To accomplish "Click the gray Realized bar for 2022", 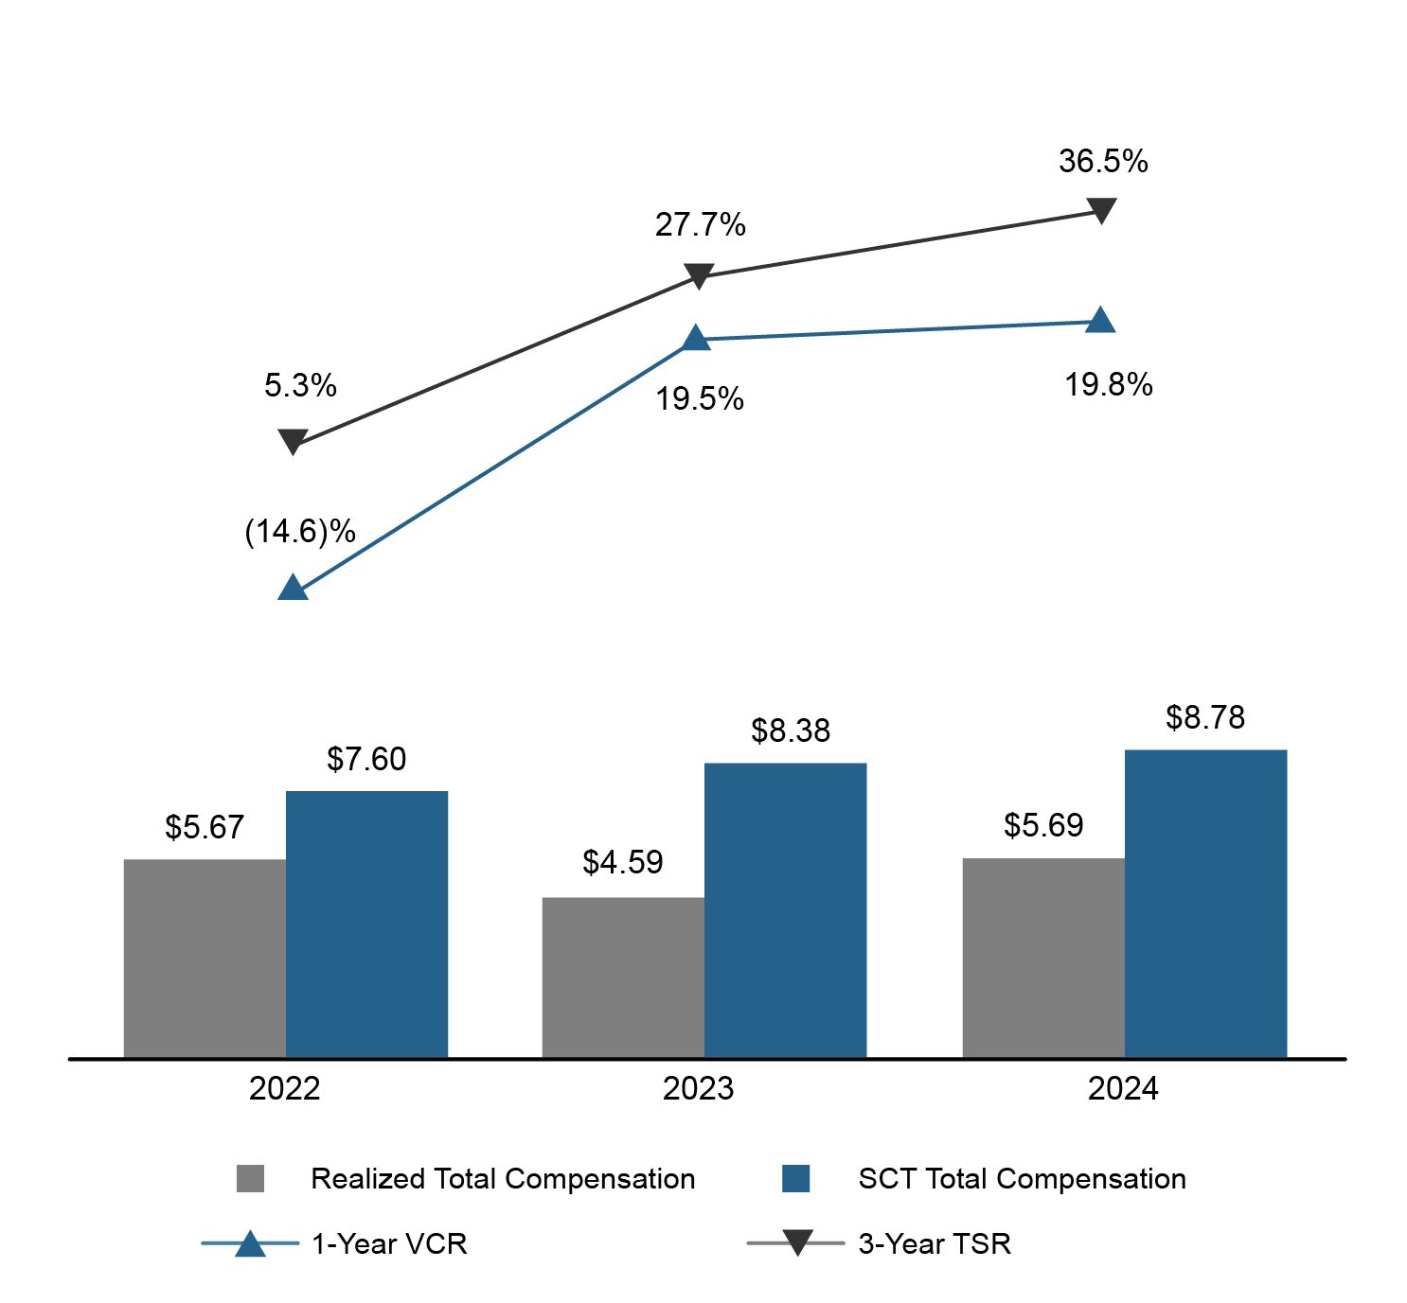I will [205, 958].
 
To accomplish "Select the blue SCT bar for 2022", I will [366, 924].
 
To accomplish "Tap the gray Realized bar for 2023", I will [623, 977].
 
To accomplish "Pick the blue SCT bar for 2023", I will [785, 909].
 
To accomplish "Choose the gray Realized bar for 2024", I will [1043, 957].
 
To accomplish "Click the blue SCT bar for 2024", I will [1205, 903].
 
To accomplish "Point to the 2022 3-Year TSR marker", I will [293, 441].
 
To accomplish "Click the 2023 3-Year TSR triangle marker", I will [698, 275].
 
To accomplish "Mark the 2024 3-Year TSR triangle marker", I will [1100, 209].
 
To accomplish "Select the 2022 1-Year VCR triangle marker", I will [293, 589].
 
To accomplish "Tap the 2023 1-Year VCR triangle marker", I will [696, 339].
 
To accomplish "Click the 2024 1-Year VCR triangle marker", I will [1100, 321].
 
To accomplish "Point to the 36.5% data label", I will [1103, 162].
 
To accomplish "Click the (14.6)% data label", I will [300, 532].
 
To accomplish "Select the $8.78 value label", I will [1205, 718].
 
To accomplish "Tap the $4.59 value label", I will [623, 862].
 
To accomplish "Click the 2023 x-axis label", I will [698, 1089].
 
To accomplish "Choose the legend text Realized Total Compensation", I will [503, 1179].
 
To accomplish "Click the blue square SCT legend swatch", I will [796, 1179].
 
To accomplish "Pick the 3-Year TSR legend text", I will [935, 1243].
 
